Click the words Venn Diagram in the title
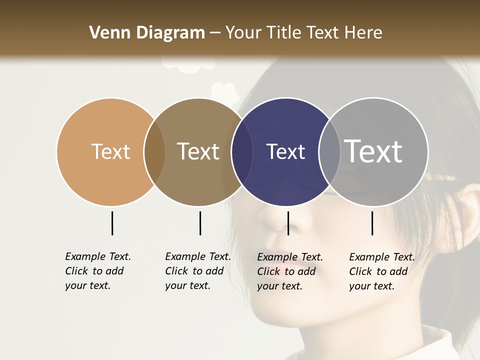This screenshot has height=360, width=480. click(147, 33)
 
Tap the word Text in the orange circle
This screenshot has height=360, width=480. click(110, 151)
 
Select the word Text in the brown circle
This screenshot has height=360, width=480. click(198, 151)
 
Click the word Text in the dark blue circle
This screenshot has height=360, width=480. click(285, 151)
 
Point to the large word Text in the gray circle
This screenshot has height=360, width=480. click(373, 151)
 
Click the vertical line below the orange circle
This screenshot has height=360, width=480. click(112, 223)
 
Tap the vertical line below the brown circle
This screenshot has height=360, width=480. click(200, 223)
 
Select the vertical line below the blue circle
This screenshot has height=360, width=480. click(288, 223)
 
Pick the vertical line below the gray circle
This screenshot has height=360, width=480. click(372, 223)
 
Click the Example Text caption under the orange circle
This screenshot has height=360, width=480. click(97, 271)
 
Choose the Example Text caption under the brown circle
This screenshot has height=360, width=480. click(197, 271)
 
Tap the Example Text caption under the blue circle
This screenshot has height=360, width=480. click(289, 271)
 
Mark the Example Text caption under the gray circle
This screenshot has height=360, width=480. click(381, 271)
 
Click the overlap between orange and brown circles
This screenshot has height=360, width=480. click(154, 151)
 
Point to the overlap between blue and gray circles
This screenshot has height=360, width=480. click(329, 151)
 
